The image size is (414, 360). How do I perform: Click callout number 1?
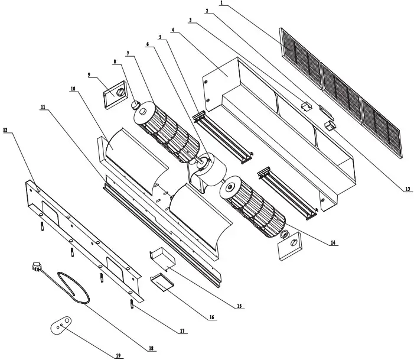click(222, 3)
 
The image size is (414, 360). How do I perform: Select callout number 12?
click(6, 131)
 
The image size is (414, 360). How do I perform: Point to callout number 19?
click(118, 355)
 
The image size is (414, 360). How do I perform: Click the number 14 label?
click(334, 243)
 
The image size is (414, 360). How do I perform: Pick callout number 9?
click(89, 75)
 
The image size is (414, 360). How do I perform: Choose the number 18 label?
click(152, 349)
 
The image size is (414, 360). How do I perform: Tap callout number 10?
click(73, 89)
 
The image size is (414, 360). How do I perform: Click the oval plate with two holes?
click(61, 325)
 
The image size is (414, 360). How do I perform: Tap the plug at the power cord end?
click(37, 268)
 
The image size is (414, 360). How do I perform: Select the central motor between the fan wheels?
click(206, 168)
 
